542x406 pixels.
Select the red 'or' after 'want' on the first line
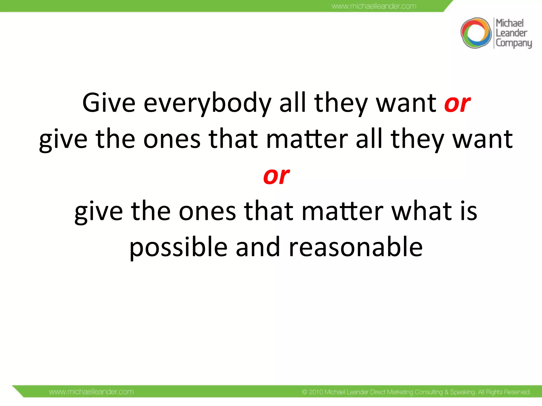click(x=457, y=103)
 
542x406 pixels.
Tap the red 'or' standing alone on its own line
click(x=276, y=176)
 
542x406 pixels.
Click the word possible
click(x=178, y=247)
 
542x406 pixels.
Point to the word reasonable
click(x=356, y=247)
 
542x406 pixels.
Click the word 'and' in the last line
click(x=258, y=247)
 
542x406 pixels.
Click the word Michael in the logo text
click(x=509, y=23)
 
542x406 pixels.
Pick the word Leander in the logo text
click(x=511, y=33)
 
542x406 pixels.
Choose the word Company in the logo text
click(x=513, y=43)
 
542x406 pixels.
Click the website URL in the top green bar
click(x=374, y=6)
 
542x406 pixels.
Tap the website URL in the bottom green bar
click(x=91, y=391)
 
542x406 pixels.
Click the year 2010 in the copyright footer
click(x=316, y=392)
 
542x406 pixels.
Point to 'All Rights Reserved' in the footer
click(x=504, y=392)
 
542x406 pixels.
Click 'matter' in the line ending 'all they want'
click(x=307, y=139)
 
